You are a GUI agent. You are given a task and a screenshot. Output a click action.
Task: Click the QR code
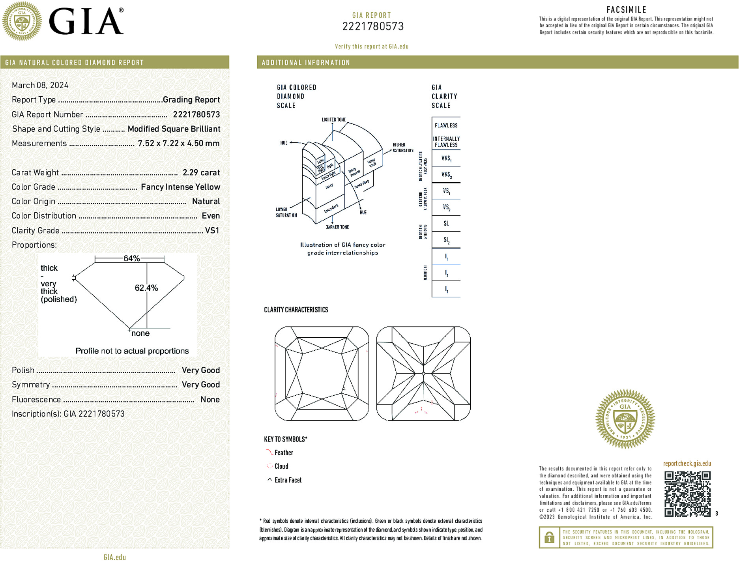click(x=687, y=494)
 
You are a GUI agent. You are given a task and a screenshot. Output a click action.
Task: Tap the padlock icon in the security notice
click(x=549, y=537)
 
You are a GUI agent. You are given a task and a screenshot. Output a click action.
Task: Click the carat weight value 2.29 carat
click(x=201, y=172)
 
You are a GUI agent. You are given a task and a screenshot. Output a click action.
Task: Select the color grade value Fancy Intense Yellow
click(x=180, y=187)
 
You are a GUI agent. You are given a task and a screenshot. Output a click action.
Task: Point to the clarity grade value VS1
click(x=212, y=230)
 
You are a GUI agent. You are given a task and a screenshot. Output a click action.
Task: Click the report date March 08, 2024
click(x=40, y=85)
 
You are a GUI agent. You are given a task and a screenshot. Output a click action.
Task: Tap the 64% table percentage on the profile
click(x=131, y=258)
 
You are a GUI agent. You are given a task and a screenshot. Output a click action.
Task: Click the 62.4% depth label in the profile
click(x=146, y=288)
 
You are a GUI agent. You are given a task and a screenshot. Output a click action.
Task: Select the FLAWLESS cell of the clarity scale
click(x=446, y=125)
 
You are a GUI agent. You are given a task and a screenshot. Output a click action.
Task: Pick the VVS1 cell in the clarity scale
click(x=446, y=158)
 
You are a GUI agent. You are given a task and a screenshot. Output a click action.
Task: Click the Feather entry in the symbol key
click(x=284, y=453)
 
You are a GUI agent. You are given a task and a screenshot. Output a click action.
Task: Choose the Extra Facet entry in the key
click(x=288, y=480)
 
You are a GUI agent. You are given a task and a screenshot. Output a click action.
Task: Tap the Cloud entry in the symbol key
click(x=281, y=466)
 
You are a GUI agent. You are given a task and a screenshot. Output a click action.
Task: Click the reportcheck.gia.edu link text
click(x=687, y=464)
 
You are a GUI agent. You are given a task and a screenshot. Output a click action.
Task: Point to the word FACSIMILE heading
click(x=626, y=9)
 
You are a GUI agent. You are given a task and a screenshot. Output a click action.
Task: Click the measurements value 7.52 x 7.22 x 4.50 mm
click(x=178, y=143)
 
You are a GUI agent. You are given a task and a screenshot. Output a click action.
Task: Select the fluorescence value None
click(x=210, y=399)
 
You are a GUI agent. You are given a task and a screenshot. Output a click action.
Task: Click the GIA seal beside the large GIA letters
click(x=22, y=21)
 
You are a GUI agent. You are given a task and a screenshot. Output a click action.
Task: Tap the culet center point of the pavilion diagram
click(x=423, y=374)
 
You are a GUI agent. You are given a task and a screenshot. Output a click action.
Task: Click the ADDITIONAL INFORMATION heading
click(x=306, y=63)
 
